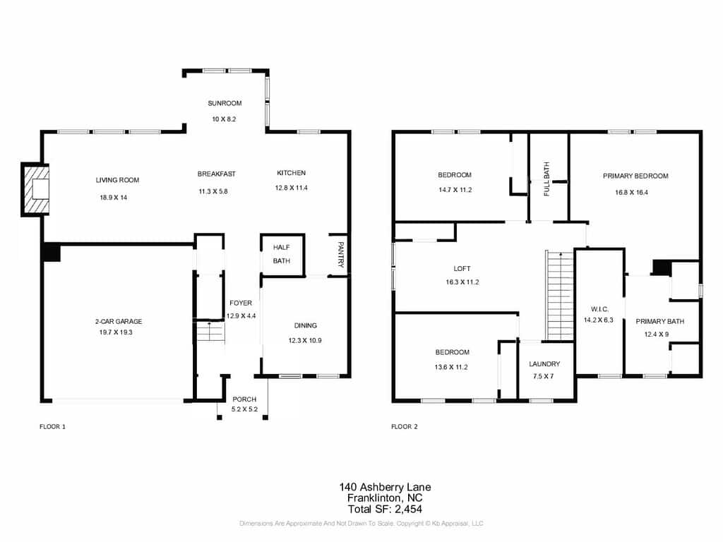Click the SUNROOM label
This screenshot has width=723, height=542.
point(225,103)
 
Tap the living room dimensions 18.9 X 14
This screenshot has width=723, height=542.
point(114,198)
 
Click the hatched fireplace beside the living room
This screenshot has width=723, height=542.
point(35,189)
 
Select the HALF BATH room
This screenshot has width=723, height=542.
point(282,255)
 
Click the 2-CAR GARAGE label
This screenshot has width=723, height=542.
point(119,321)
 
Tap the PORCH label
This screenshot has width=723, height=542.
point(244,399)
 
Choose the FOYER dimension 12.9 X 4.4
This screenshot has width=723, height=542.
point(241,316)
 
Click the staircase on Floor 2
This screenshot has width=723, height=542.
point(560,296)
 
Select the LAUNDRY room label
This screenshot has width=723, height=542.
point(544,364)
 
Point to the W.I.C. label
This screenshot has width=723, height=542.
point(599,309)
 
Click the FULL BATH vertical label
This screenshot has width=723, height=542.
point(547,179)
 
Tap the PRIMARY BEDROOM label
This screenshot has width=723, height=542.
point(635,176)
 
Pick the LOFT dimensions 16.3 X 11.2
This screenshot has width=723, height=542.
point(462,282)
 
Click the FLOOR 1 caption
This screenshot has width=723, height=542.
point(52,427)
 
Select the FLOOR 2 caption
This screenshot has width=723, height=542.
point(405,427)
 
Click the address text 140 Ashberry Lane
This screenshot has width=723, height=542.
point(385,487)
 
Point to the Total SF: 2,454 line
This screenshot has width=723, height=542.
point(385,510)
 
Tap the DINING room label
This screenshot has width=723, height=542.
point(305,325)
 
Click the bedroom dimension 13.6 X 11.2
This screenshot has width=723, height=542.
point(451,367)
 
